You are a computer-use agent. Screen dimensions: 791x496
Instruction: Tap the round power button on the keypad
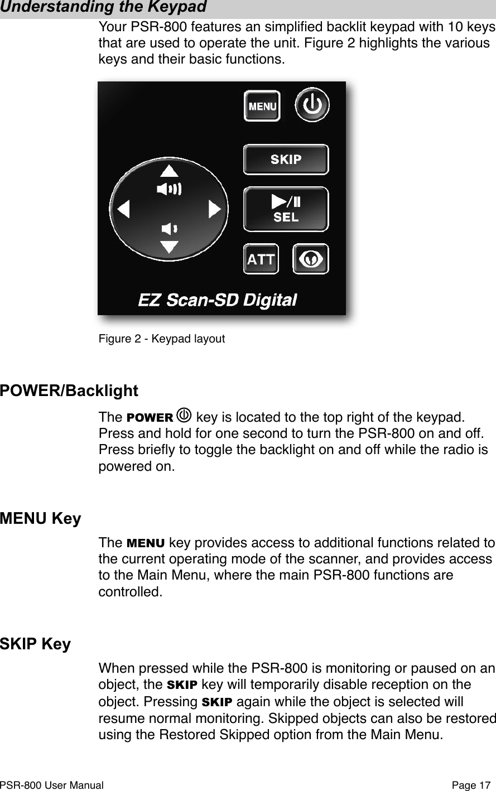(312, 104)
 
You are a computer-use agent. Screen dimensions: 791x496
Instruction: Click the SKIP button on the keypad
(286, 160)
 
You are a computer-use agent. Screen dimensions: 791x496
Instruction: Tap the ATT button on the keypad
(261, 259)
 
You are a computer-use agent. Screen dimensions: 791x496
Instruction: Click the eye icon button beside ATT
(311, 259)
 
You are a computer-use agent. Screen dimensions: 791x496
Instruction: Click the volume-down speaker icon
(168, 228)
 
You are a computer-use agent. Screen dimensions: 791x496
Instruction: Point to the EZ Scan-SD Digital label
(217, 300)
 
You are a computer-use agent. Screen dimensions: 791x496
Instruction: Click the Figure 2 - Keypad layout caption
(162, 339)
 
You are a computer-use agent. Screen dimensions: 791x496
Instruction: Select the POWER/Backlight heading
(69, 390)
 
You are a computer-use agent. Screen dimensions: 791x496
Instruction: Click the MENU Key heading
(41, 519)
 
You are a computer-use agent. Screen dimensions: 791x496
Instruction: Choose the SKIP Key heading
(36, 644)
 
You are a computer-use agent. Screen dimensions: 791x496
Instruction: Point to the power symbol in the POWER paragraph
(184, 417)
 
